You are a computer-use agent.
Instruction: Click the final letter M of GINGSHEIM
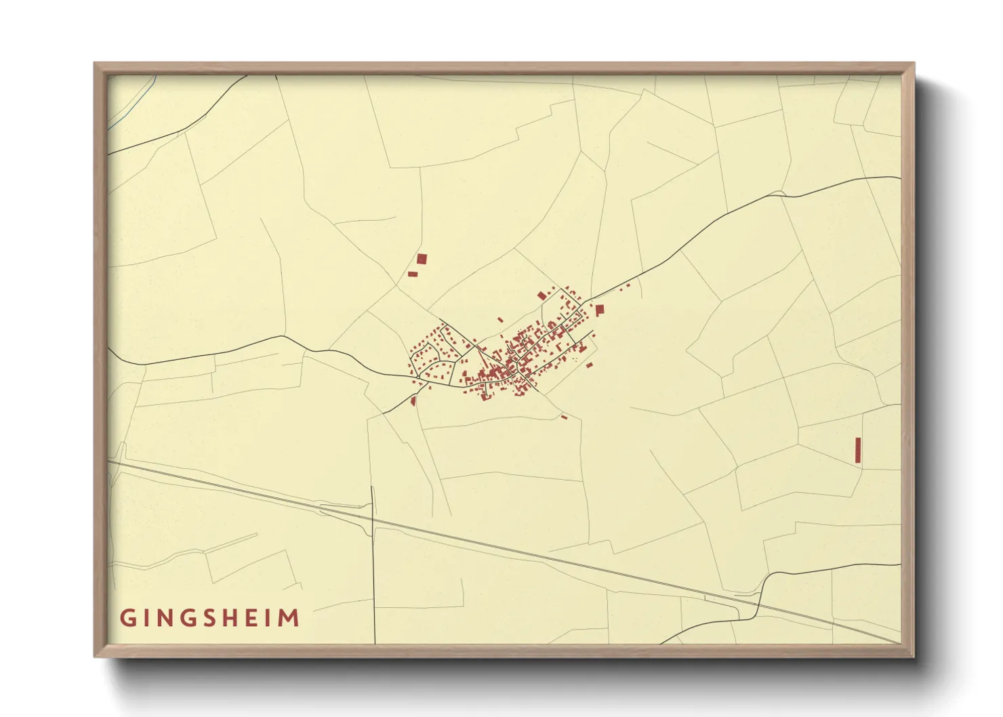290,618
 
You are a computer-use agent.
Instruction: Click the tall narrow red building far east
857,450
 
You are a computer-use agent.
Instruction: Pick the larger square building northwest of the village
422,259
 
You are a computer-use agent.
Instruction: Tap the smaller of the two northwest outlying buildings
412,274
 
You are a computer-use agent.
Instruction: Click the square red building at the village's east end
599,309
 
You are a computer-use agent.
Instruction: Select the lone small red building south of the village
564,417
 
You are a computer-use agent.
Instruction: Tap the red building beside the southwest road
413,401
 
